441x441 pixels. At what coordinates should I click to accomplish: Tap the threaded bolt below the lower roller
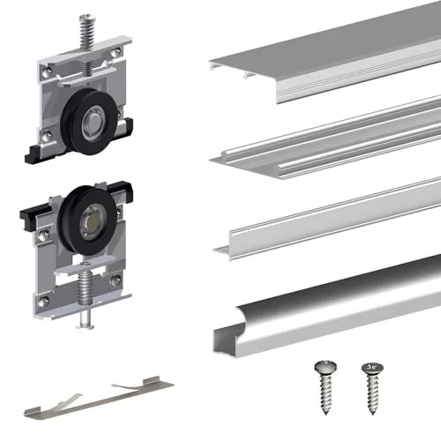86,295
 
